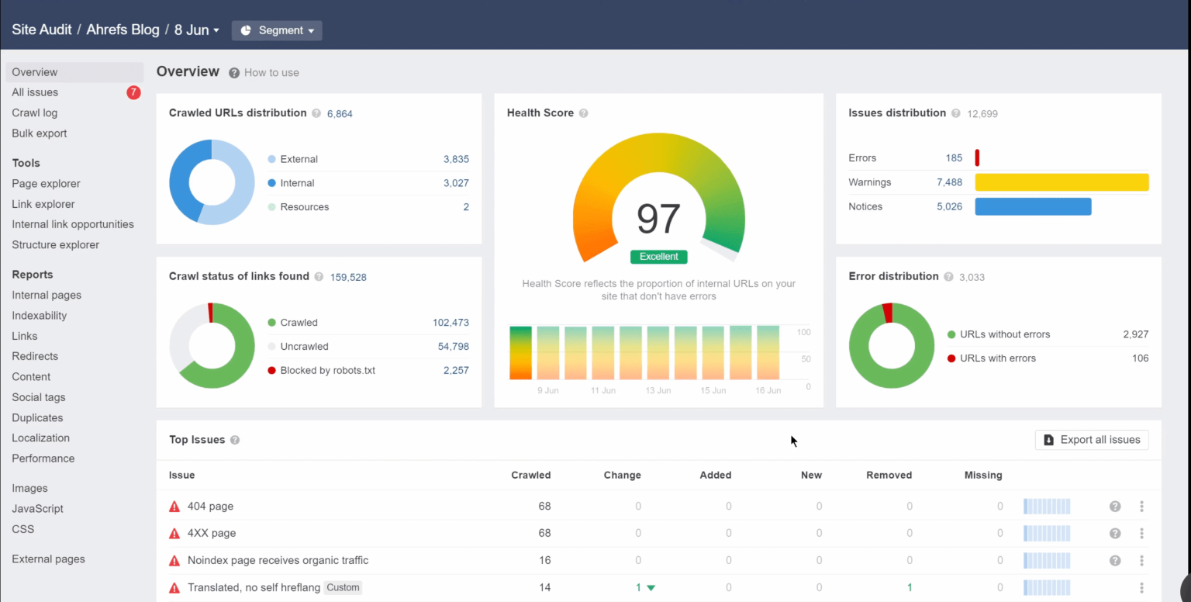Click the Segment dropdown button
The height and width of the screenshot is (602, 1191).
click(x=277, y=30)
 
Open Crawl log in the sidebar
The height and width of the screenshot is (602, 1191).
click(x=35, y=112)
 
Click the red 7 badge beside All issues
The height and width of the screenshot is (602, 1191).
click(x=133, y=92)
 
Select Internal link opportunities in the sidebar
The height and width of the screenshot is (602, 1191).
click(x=73, y=224)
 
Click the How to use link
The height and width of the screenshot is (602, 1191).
click(x=271, y=72)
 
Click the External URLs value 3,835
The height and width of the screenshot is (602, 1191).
click(x=456, y=159)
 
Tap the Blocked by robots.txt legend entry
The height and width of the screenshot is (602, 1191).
click(x=327, y=370)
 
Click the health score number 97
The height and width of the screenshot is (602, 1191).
click(x=658, y=220)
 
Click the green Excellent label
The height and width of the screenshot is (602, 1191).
click(x=658, y=256)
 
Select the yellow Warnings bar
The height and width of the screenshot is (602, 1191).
click(x=1061, y=182)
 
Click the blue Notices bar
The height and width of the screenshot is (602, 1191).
click(x=1032, y=206)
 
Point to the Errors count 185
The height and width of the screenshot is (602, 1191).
click(x=953, y=157)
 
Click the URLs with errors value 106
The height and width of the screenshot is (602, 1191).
click(x=1140, y=358)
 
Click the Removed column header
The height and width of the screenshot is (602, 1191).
click(x=889, y=475)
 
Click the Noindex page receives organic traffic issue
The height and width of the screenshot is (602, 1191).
click(x=278, y=560)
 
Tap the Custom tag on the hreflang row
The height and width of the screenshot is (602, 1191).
click(x=343, y=587)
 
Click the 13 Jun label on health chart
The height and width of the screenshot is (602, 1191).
click(x=658, y=390)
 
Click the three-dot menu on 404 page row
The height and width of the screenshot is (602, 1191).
click(x=1141, y=507)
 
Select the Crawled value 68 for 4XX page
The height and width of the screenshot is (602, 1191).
click(x=544, y=533)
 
